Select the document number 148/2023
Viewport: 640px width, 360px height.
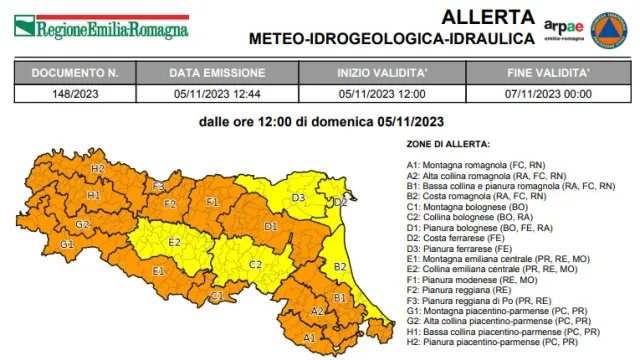[75, 93]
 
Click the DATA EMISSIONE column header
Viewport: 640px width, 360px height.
[217, 73]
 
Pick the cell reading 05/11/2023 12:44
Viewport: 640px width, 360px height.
[217, 93]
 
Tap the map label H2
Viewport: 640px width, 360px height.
[97, 169]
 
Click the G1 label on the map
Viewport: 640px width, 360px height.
[67, 244]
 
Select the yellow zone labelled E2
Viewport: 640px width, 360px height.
[174, 242]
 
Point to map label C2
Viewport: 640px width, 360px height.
[255, 264]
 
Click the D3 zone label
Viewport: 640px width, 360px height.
[298, 198]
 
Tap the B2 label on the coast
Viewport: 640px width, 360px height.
[340, 267]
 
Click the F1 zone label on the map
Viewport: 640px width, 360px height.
[212, 202]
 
